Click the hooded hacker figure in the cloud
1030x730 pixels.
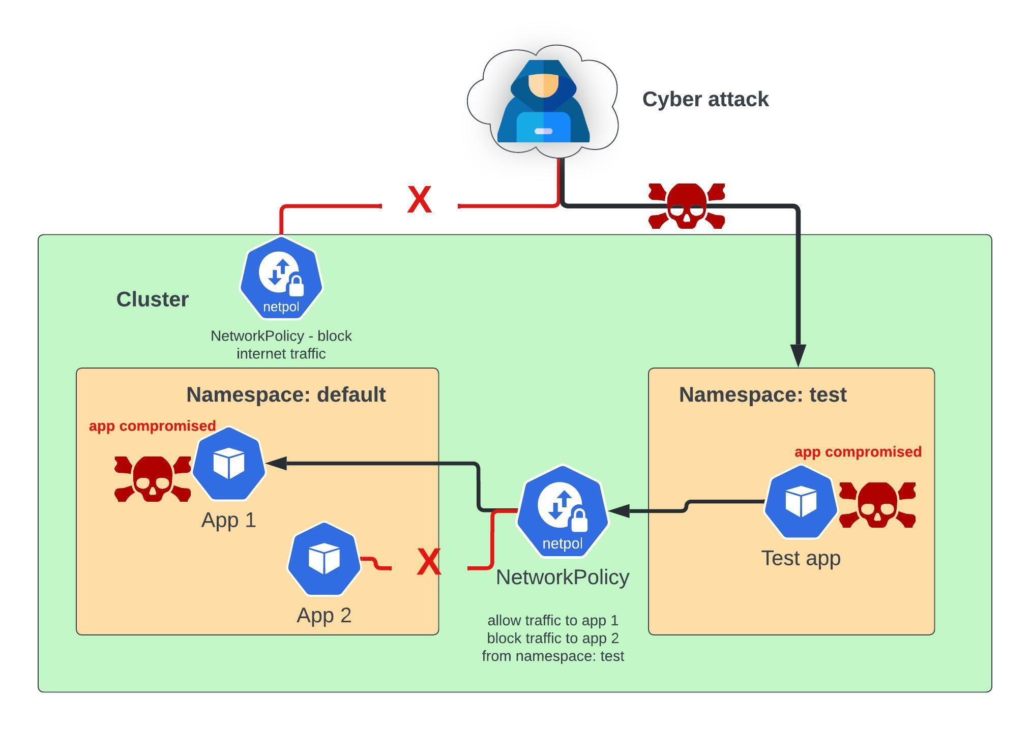(543, 101)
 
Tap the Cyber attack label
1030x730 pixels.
(705, 99)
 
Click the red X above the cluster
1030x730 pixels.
(420, 200)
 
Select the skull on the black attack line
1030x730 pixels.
(686, 206)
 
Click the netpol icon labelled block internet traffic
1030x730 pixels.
(281, 279)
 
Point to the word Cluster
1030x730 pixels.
(152, 299)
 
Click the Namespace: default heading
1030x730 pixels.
(286, 395)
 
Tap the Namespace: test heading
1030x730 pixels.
(762, 395)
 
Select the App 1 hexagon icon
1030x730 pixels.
(229, 464)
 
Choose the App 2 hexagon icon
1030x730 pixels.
(324, 558)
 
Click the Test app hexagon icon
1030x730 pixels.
(801, 502)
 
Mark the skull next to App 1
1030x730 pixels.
(152, 479)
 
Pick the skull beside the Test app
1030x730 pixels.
(877, 505)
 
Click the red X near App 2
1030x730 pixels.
(429, 562)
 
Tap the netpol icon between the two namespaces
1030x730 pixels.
(562, 511)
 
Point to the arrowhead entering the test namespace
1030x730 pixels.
(798, 354)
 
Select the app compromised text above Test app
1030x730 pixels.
(858, 452)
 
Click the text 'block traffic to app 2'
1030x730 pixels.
(553, 638)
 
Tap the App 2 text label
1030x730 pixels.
(324, 616)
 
